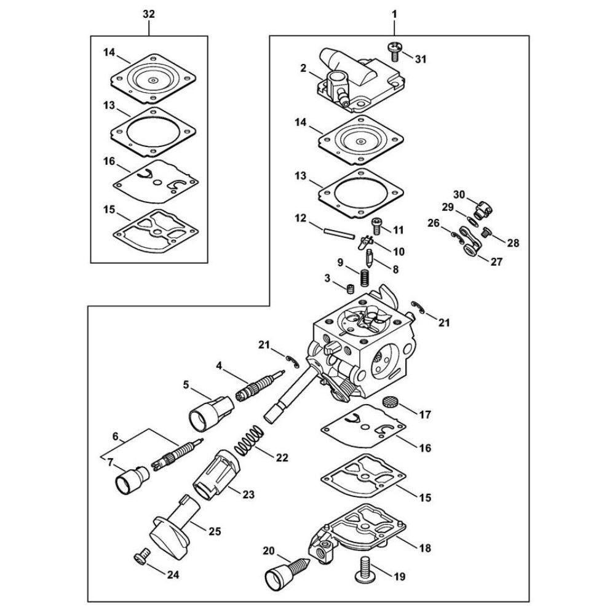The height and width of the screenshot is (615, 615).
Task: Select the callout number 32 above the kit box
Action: coord(149,15)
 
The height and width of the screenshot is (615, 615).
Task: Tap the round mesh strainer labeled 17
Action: coord(389,402)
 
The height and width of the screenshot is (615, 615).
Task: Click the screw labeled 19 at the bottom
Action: coord(363,569)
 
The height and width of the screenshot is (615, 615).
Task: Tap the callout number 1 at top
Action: coord(394,15)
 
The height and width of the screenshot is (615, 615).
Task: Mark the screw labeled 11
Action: coord(376,226)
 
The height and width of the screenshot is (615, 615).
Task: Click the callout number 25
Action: coord(215,531)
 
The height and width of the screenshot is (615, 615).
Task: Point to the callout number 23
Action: coord(248,494)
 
